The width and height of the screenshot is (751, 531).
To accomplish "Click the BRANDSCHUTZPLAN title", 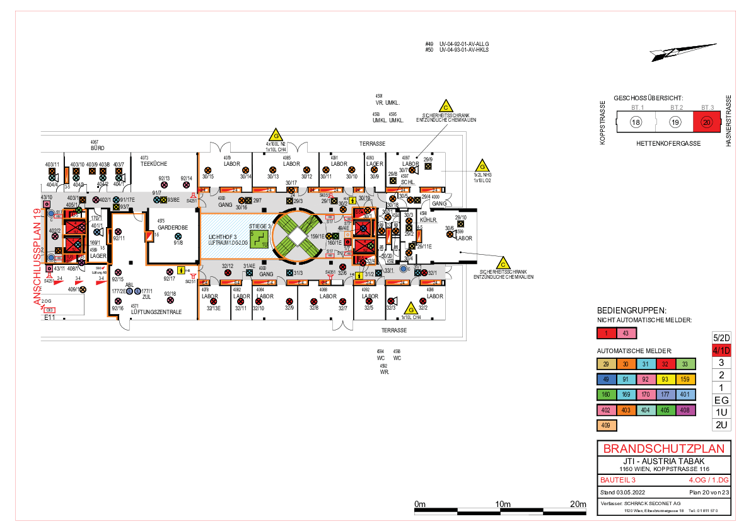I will pos(664,449).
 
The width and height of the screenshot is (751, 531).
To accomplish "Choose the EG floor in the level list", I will pos(720,400).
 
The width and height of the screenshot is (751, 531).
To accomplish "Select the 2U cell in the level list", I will pos(720,424).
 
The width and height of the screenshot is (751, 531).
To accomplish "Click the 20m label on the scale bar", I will pos(578,504).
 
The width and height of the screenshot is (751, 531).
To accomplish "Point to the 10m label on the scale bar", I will pos(503,504).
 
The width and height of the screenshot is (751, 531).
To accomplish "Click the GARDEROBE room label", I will pos(169,227).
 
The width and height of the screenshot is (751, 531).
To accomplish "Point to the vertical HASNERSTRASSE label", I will pos(728,121).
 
